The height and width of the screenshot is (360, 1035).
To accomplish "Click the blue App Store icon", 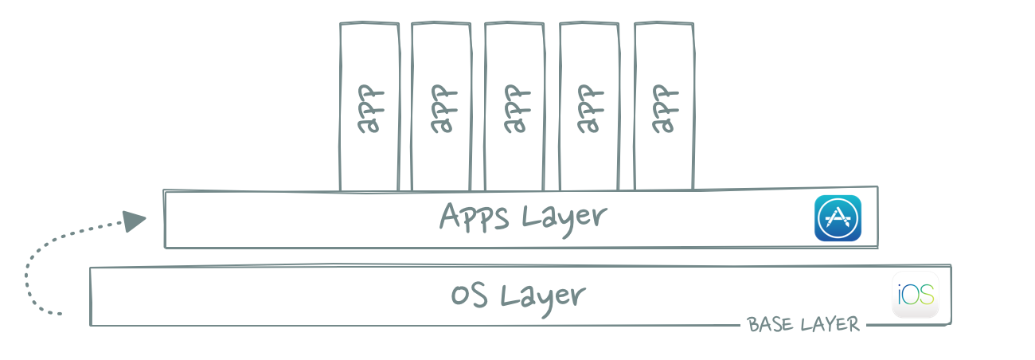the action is click(x=838, y=218).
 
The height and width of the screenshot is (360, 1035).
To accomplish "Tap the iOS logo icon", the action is click(x=916, y=295).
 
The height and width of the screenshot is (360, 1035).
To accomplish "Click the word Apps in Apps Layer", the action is click(x=474, y=217).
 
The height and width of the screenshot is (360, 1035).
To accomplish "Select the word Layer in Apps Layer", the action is click(x=564, y=220).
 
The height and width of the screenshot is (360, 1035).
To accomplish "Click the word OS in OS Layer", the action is click(x=469, y=295).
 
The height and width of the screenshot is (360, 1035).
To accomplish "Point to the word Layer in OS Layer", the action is click(x=543, y=299).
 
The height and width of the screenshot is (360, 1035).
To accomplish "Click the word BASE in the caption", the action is click(x=770, y=324).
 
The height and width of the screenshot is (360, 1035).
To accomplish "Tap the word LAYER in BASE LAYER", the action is click(x=830, y=324).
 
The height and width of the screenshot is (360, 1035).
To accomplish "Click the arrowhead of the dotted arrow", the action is click(x=135, y=221).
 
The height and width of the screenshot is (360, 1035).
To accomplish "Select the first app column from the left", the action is click(x=369, y=106).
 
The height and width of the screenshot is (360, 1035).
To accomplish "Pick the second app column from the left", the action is click(x=441, y=106).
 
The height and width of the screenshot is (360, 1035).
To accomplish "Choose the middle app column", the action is click(x=514, y=106).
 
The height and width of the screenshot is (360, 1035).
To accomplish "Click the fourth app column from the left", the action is click(x=589, y=106).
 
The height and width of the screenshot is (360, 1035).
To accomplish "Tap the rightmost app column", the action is click(x=664, y=106).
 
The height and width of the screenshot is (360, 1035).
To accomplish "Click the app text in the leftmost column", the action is click(x=370, y=109).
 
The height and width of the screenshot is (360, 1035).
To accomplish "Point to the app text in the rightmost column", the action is click(x=666, y=109).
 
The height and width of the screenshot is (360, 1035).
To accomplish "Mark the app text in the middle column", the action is click(x=517, y=109).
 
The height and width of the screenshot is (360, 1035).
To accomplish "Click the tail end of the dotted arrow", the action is click(x=60, y=315).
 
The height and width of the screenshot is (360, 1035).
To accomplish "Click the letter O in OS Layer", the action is click(x=459, y=295).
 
